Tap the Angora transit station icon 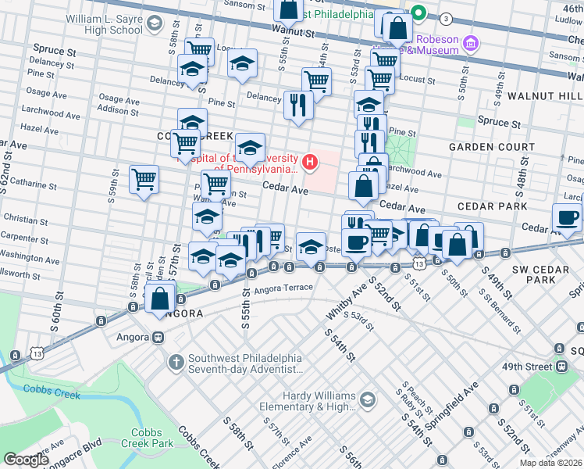click(158, 338)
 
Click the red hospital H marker click(311, 162)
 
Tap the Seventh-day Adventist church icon click(176, 363)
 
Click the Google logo click(26, 460)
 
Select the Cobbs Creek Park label click(151, 438)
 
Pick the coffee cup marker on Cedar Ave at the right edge click(566, 217)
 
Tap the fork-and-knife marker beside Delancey click(297, 104)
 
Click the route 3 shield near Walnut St click(445, 18)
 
